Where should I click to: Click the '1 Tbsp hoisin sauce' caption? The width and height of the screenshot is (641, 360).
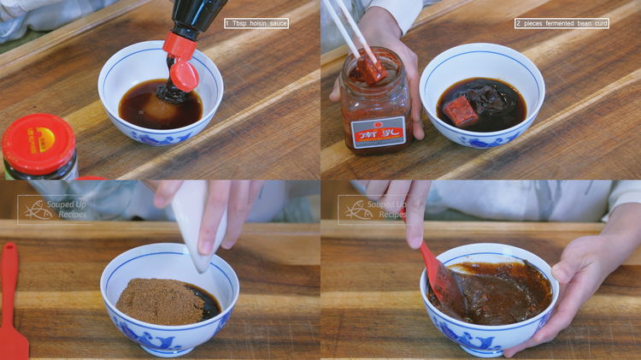(256, 23)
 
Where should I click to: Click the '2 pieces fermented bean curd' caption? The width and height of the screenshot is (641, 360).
(562, 23)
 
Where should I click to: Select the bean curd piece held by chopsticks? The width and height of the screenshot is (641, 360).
(370, 67)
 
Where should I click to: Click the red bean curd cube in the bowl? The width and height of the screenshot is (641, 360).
(461, 110)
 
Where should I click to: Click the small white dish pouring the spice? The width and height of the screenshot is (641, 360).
(198, 221)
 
